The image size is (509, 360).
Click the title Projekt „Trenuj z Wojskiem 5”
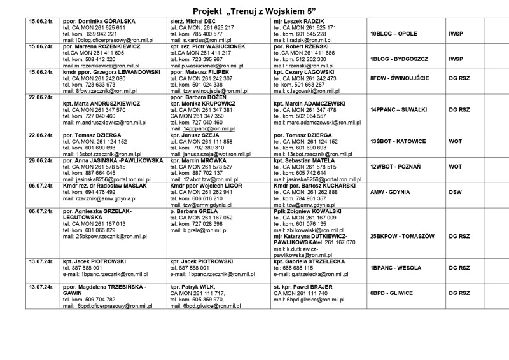click(254, 11)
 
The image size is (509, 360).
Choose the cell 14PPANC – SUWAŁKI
click(398, 109)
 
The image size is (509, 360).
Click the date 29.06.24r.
click(40, 162)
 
